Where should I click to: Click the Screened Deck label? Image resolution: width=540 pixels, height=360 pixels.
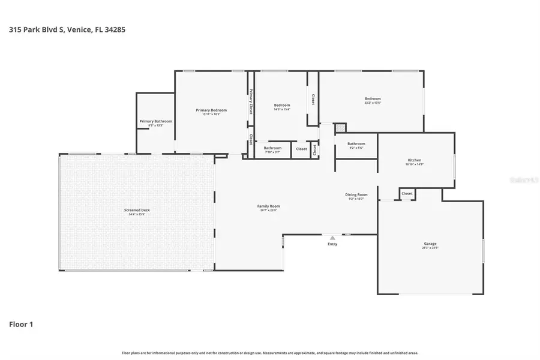[137, 210]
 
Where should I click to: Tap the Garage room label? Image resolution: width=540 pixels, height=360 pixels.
[430, 244]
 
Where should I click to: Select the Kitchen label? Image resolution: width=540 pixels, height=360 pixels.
[415, 160]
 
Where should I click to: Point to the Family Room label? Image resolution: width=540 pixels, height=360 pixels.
[269, 206]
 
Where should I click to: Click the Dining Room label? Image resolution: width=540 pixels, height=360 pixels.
[356, 194]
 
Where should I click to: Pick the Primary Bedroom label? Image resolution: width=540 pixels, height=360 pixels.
[211, 110]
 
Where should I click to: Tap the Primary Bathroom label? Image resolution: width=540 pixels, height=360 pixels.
[155, 121]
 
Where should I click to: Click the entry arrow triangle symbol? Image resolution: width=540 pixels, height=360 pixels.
[332, 238]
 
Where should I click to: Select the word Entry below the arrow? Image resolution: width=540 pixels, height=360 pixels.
[332, 244]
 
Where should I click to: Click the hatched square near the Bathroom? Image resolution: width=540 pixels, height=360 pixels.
[340, 128]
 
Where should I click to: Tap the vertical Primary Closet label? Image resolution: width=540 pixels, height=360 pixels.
[251, 101]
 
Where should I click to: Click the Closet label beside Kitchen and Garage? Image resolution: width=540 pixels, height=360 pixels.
[407, 194]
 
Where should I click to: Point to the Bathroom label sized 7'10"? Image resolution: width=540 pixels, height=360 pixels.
[272, 148]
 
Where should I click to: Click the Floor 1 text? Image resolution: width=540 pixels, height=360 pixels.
[21, 325]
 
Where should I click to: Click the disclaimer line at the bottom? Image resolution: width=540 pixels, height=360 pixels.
[270, 353]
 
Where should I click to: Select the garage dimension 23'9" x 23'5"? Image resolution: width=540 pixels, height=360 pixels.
[430, 247]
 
